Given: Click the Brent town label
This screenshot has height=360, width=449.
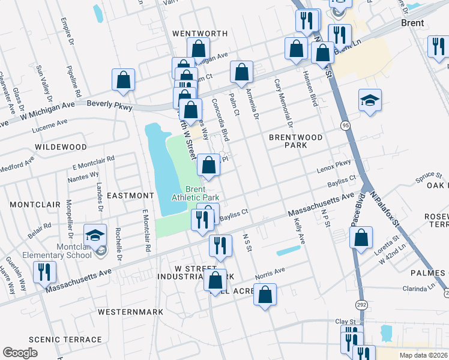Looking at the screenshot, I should click(412, 23).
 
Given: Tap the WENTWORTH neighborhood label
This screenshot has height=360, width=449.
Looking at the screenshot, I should click(200, 33).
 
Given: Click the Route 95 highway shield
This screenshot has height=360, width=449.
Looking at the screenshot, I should click(345, 125).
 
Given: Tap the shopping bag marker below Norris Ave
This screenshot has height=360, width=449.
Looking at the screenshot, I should click(265, 295).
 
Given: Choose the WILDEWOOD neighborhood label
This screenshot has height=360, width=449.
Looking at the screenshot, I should click(61, 146).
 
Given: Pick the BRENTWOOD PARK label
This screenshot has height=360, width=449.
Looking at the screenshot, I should click(295, 142).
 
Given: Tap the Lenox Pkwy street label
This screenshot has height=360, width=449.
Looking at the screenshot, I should click(334, 163).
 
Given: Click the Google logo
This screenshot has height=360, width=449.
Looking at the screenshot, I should click(20, 353).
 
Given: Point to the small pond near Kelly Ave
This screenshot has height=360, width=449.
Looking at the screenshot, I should click(288, 251).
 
